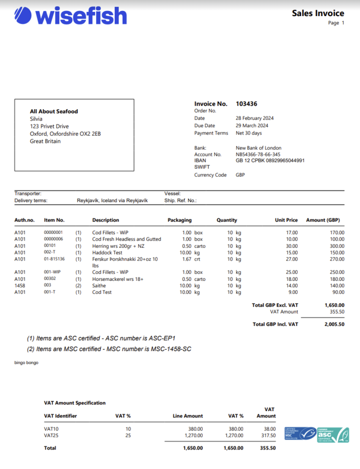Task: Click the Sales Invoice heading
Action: tap(318, 13)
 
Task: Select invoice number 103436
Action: tap(246, 104)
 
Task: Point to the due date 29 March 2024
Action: tap(252, 126)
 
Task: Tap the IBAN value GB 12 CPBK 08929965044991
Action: tap(270, 161)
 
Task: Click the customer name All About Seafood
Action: tap(54, 111)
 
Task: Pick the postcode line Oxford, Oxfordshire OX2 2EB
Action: tap(65, 134)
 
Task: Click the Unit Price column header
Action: tap(286, 220)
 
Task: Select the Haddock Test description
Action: tap(107, 252)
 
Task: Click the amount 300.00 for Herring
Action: tap(337, 246)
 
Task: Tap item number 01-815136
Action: tap(54, 259)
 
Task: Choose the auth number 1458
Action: tap(20, 285)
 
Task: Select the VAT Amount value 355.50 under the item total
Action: tap(337, 312)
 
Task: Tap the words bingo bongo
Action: tap(26, 362)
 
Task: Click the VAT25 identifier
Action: tap(51, 435)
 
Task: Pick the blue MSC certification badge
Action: tap(300, 434)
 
